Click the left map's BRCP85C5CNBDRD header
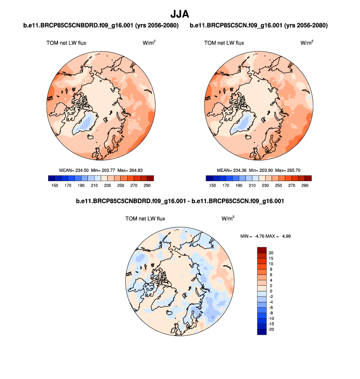[x=101, y=25]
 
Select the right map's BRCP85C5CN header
[x=259, y=25]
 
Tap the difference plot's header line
[x=180, y=201]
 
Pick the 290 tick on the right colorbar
[x=305, y=186]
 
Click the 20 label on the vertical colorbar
[x=270, y=252]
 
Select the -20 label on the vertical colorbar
[x=271, y=329]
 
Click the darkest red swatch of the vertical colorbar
[x=262, y=250]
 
